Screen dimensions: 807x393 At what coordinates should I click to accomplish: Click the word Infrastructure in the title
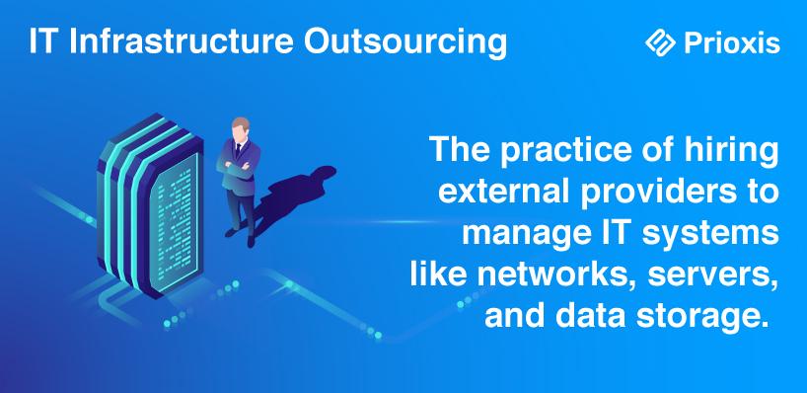(182, 41)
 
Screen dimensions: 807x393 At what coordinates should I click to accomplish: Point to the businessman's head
(241, 128)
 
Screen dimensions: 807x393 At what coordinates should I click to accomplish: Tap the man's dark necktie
(239, 151)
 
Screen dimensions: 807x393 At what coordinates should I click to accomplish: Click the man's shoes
(241, 237)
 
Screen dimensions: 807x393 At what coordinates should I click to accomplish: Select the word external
(495, 193)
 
